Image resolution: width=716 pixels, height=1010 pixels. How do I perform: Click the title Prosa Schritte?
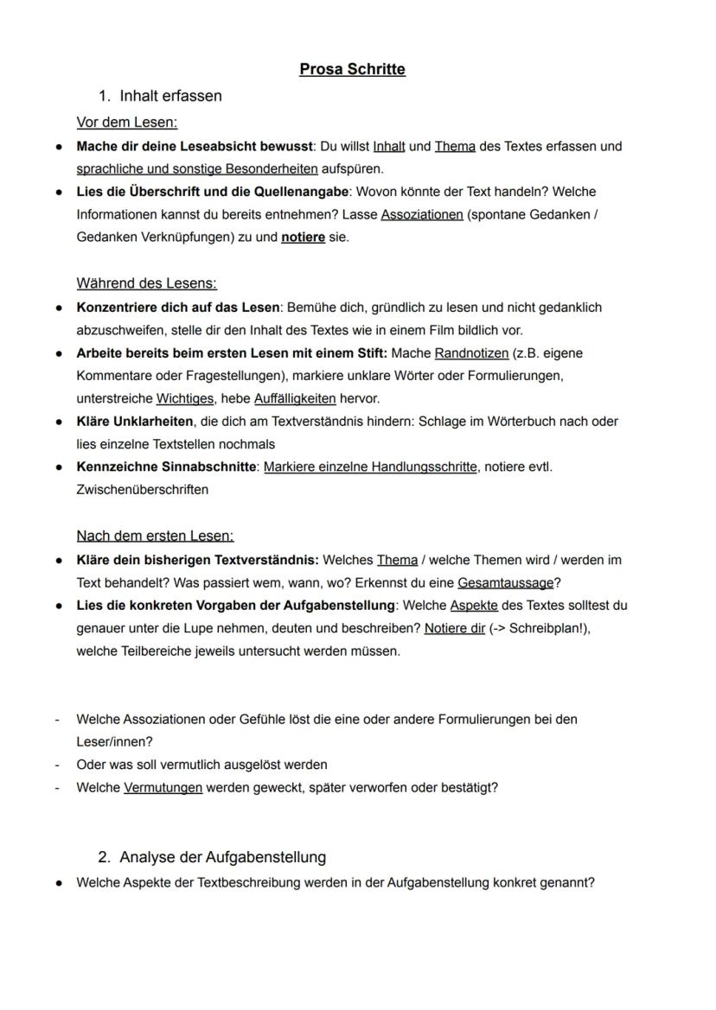pos(352,69)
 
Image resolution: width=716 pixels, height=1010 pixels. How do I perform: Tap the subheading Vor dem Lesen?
pos(126,123)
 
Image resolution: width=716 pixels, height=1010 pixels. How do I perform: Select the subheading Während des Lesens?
pos(146,283)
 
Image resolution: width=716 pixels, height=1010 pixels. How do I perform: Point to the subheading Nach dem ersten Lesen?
pos(155,536)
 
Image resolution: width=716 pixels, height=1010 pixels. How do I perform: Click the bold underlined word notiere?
pos(303,237)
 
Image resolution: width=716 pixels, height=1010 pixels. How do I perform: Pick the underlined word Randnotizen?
pos(471,353)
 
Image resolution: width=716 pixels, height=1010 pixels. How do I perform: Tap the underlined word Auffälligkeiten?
pos(294,398)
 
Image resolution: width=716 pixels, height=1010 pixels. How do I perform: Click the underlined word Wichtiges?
pos(185,398)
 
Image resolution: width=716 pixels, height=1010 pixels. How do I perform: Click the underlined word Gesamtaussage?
pos(505,583)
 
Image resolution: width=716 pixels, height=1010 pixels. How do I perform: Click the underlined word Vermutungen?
pos(163,788)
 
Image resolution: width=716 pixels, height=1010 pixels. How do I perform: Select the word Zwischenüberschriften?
pos(142,490)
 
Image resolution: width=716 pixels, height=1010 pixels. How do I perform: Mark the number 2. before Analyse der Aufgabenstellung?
pos(105,857)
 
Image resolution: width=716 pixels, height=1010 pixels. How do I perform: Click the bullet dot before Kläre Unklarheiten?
pos(58,422)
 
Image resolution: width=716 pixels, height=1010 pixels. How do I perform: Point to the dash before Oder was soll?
pos(57,765)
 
